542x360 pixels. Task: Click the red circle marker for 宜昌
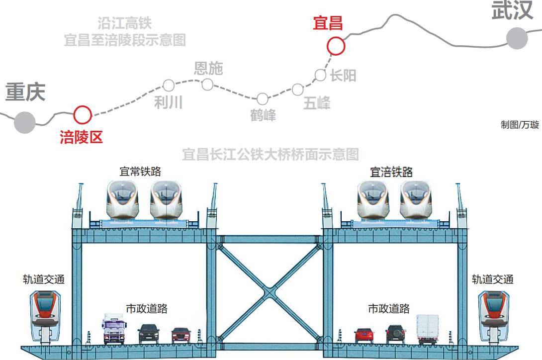(336, 46)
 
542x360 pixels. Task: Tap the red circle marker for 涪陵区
(83, 115)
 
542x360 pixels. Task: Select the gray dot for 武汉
(517, 38)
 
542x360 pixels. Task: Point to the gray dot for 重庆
(24, 122)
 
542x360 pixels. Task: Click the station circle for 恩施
(207, 85)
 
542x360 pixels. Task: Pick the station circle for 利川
(169, 86)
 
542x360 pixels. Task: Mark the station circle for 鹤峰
(262, 99)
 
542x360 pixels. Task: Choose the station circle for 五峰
(297, 90)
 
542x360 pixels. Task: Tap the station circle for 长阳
(321, 75)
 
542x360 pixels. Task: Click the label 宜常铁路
(140, 172)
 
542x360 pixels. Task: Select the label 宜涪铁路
(391, 172)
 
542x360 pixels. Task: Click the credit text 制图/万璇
(520, 125)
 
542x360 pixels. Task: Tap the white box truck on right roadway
(428, 329)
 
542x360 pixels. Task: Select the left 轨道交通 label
(44, 279)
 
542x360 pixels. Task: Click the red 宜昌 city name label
(328, 23)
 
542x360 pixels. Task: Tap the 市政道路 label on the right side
(389, 309)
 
